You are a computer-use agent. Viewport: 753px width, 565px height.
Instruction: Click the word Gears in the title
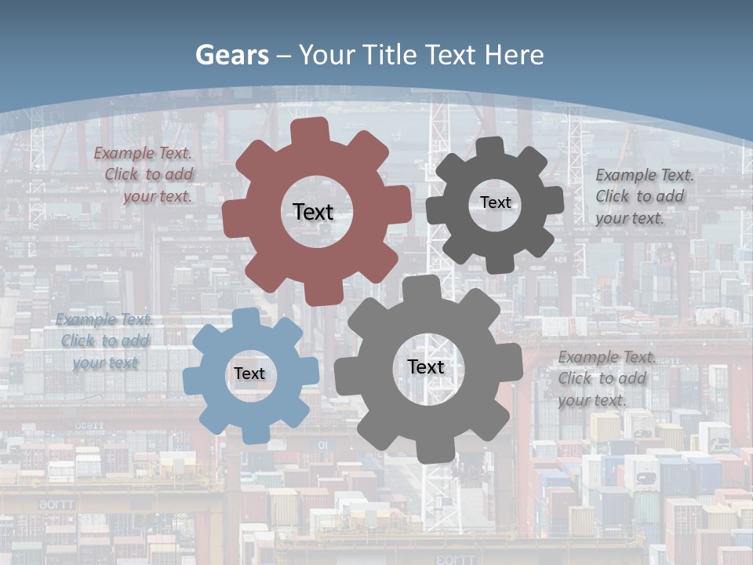click(231, 55)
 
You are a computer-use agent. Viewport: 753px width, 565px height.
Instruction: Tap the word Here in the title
click(514, 55)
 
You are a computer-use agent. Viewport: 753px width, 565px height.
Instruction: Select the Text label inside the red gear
click(313, 212)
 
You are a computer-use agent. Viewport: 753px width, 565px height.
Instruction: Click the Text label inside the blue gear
click(249, 374)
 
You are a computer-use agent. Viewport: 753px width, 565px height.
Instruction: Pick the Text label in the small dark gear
click(495, 202)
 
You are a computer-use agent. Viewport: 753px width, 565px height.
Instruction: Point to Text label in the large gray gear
click(426, 366)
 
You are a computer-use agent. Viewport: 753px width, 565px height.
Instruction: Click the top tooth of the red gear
click(310, 129)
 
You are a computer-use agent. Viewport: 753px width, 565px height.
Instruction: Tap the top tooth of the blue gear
click(246, 317)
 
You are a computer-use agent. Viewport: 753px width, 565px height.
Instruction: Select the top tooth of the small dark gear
click(490, 146)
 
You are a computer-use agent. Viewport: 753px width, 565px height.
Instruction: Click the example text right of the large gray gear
click(606, 378)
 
